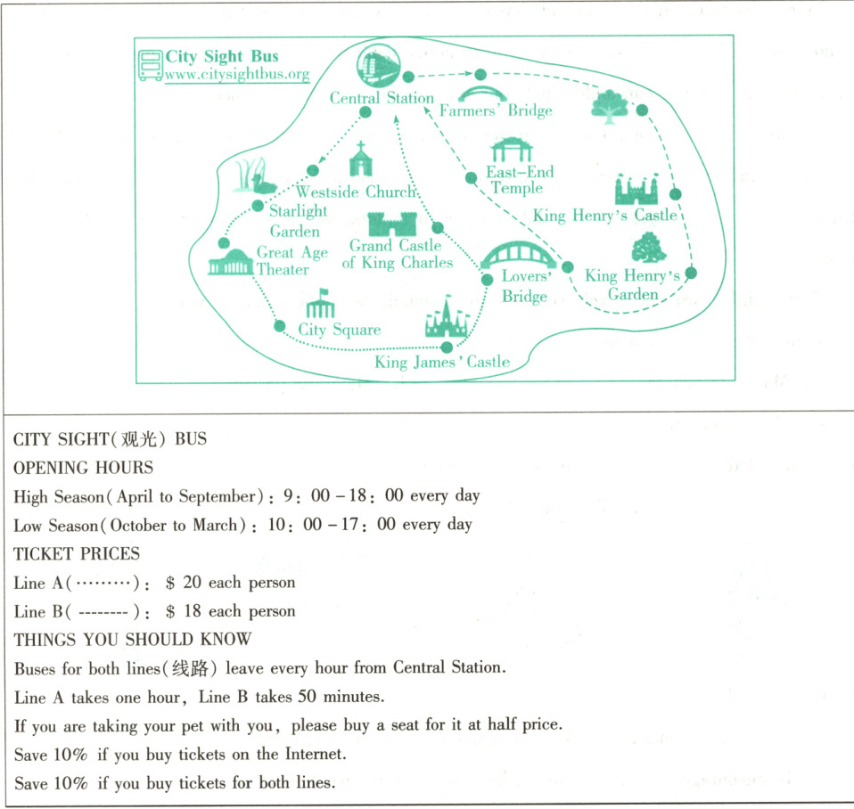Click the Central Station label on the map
point(382,98)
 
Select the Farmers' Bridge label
point(496,110)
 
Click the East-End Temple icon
point(511,149)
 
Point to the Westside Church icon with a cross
point(360,160)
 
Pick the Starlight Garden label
point(298,221)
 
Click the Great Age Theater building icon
point(230,263)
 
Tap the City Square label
point(339,330)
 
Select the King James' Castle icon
point(446,319)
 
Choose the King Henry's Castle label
point(604,215)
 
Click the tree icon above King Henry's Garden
point(649,248)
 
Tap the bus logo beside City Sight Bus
point(151,65)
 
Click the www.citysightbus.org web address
point(237,75)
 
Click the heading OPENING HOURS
point(83,468)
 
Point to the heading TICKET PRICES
point(77,553)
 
